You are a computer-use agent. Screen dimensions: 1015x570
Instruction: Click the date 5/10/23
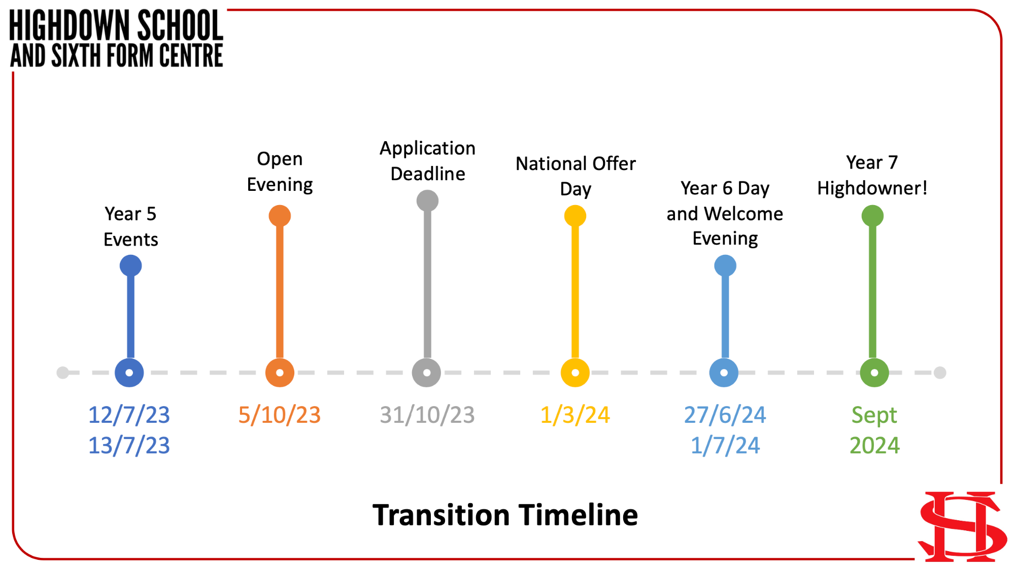[280, 415]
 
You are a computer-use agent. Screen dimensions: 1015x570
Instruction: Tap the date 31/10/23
[427, 415]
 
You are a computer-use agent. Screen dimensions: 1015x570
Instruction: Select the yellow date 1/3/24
[575, 415]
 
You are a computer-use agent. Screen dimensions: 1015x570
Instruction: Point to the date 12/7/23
[129, 415]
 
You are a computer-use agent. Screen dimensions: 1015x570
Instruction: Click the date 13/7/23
[129, 446]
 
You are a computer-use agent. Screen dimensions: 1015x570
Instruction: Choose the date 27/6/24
[725, 415]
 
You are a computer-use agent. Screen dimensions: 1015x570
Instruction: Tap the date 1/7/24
[725, 446]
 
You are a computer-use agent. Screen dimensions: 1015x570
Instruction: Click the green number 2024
[874, 446]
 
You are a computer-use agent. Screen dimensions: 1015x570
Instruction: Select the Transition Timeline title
[505, 515]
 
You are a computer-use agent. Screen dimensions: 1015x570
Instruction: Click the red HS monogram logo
[963, 527]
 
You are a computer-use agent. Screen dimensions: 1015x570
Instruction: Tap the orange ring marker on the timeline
[280, 373]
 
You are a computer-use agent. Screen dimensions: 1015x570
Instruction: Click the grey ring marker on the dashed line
[427, 373]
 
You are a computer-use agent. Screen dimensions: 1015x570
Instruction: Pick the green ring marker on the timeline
[874, 373]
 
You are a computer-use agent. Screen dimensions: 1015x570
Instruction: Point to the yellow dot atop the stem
[575, 216]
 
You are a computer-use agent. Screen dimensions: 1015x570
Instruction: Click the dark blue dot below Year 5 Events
[130, 265]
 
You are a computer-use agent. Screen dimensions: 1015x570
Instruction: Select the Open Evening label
[280, 172]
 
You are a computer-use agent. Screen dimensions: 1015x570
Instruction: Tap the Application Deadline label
[428, 161]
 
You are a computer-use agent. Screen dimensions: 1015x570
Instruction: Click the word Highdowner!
[872, 188]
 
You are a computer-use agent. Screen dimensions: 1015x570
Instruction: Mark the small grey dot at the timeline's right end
[940, 373]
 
